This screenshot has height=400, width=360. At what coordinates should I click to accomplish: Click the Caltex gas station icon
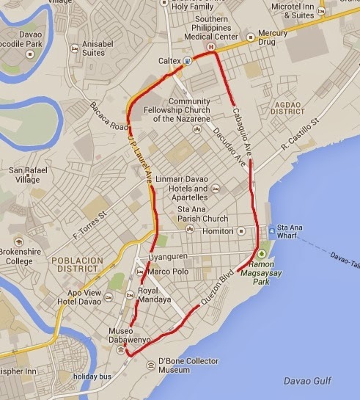coord(188,61)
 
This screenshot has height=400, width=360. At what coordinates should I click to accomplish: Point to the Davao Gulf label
coord(307,379)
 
